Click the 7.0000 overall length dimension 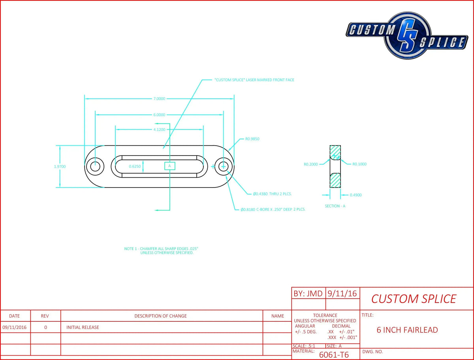[x=159, y=99]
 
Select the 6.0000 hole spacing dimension [x=159, y=115]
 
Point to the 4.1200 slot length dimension [x=159, y=129]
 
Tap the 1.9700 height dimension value [x=60, y=167]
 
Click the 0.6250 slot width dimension [x=135, y=166]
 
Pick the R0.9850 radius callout [x=252, y=139]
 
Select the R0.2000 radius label [x=311, y=164]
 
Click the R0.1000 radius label [x=359, y=164]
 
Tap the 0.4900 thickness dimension [x=355, y=195]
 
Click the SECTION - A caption [x=335, y=206]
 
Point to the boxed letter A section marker [x=170, y=166]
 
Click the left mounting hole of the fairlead [x=95, y=167]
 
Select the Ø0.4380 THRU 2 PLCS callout [x=272, y=194]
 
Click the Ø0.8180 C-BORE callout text [x=273, y=210]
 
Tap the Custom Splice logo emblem [x=407, y=36]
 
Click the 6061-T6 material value [x=334, y=355]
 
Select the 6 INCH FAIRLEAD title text [x=407, y=330]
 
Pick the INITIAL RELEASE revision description [x=83, y=327]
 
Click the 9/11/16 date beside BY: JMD [x=342, y=294]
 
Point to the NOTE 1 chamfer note [x=161, y=251]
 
